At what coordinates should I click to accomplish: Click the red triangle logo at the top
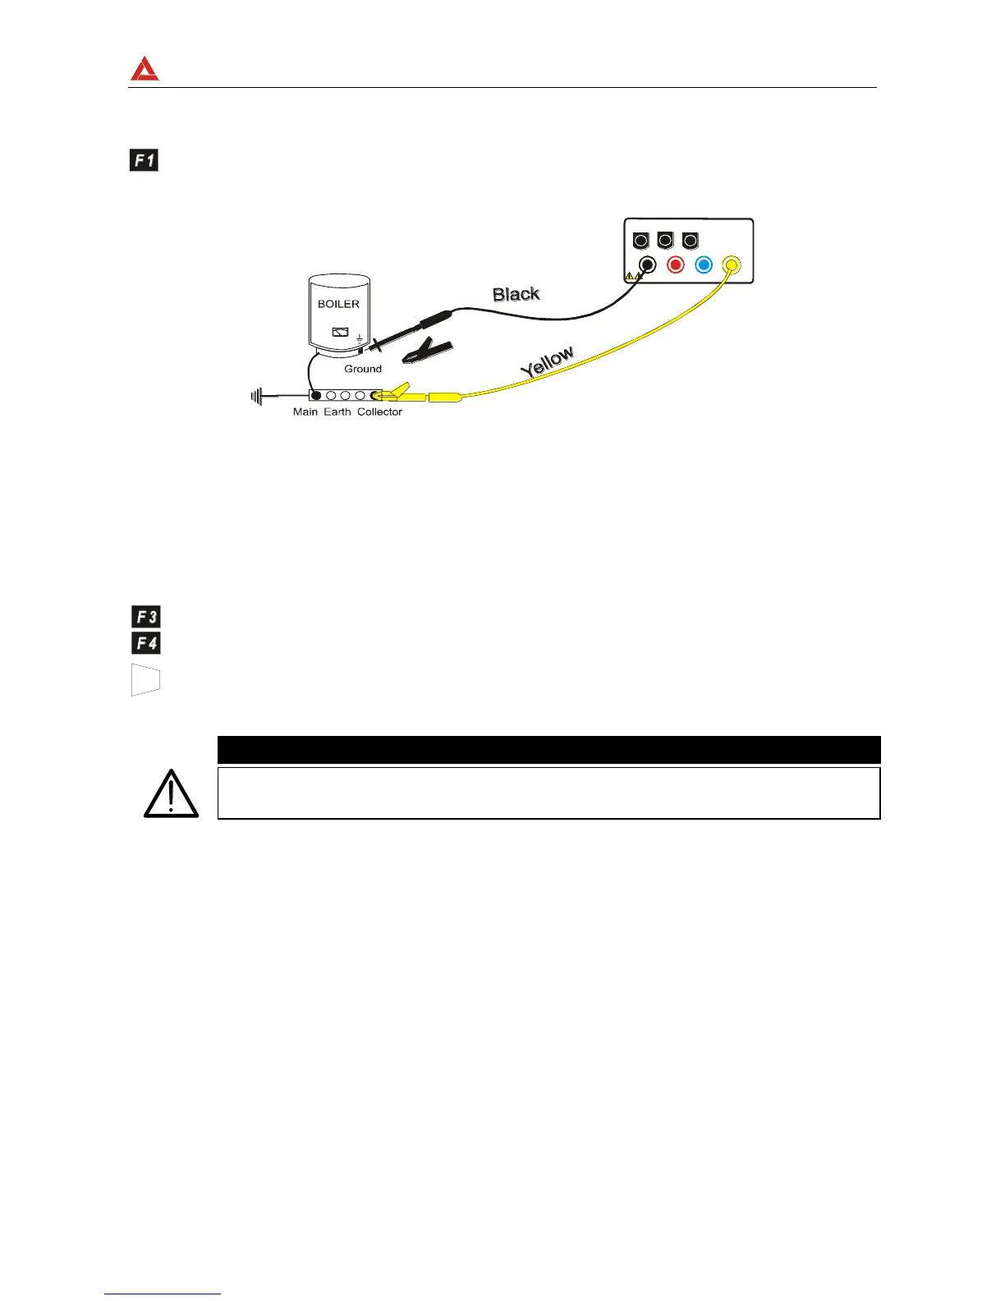[x=145, y=69]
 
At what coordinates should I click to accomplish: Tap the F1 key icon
[x=145, y=160]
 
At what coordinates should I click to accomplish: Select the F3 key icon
[x=146, y=616]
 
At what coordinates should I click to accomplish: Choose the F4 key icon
[x=146, y=643]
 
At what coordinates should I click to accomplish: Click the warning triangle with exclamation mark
[x=171, y=794]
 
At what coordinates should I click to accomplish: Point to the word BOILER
[x=338, y=304]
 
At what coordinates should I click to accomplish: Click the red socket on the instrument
[x=676, y=264]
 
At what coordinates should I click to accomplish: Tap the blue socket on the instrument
[x=703, y=264]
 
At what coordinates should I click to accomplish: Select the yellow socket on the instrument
[x=731, y=264]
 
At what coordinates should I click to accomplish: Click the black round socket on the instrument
[x=648, y=264]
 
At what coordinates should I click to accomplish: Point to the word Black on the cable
[x=516, y=294]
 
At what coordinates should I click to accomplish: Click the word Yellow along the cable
[x=547, y=362]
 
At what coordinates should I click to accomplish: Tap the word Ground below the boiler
[x=363, y=369]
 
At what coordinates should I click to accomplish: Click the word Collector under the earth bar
[x=379, y=411]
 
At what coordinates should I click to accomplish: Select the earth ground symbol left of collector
[x=257, y=397]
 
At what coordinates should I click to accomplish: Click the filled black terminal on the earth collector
[x=316, y=396]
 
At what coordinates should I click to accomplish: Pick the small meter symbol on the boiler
[x=340, y=333]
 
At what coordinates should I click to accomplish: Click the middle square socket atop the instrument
[x=666, y=241]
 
